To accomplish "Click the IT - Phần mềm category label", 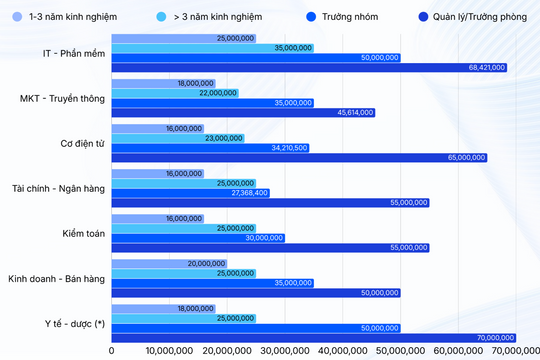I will tap(64, 52).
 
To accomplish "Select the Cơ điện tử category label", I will tap(78, 142).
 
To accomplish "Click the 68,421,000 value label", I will tap(487, 67).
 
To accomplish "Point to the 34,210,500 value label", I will tap(289, 147).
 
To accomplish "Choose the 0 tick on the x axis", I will tap(111, 351).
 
